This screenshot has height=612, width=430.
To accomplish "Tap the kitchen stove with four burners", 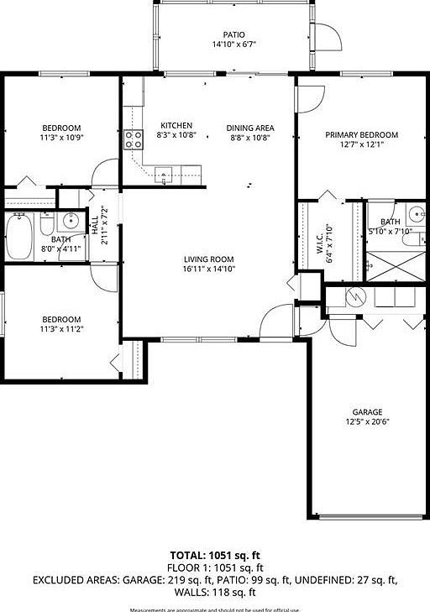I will pos(134,139).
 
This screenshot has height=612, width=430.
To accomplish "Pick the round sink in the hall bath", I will pos(71,222).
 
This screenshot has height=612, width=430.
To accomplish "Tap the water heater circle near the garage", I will pos(354,296).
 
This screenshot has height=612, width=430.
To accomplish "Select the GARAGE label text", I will pos(367,411).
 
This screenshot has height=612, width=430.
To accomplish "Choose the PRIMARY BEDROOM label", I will pos(362,134).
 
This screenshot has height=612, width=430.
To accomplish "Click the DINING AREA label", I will pos(250,128).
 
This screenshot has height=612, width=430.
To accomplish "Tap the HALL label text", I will pos(95,225).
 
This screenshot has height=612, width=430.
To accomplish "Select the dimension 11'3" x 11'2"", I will pos(62,329).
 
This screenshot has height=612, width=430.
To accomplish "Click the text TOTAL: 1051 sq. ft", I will pos(216,555).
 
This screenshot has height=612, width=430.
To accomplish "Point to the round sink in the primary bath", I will pos(415,212).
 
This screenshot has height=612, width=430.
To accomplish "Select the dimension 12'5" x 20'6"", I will pos(367,421).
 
